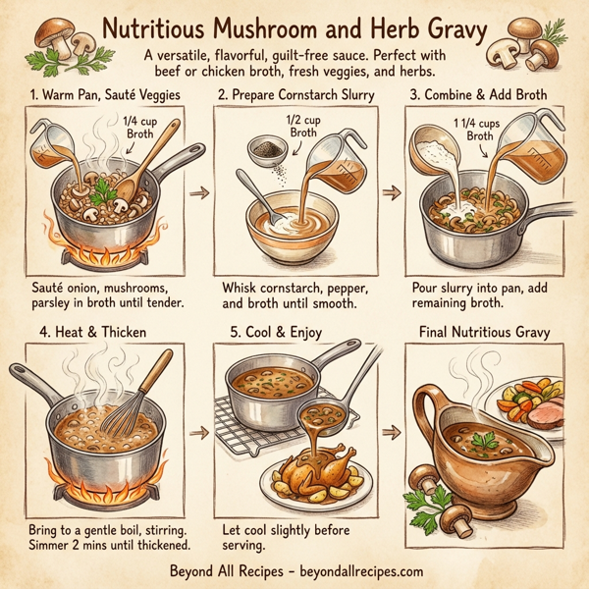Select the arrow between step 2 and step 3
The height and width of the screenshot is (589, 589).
(390, 193)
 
